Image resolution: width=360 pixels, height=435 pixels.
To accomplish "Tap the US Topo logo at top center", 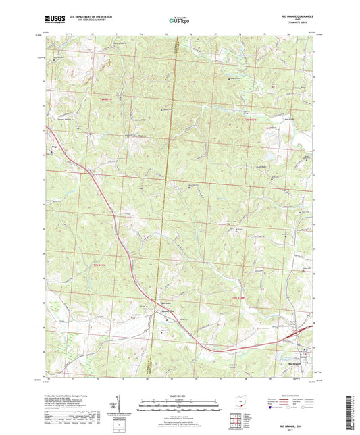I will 178,22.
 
